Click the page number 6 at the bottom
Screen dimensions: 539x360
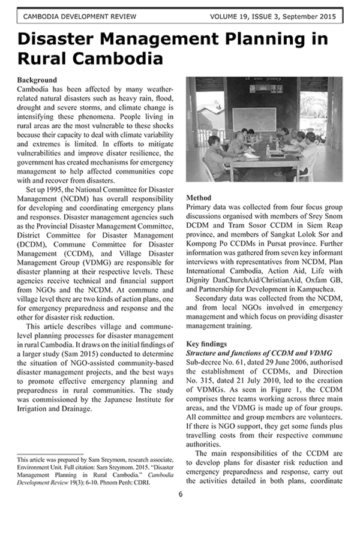(x=180, y=494)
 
